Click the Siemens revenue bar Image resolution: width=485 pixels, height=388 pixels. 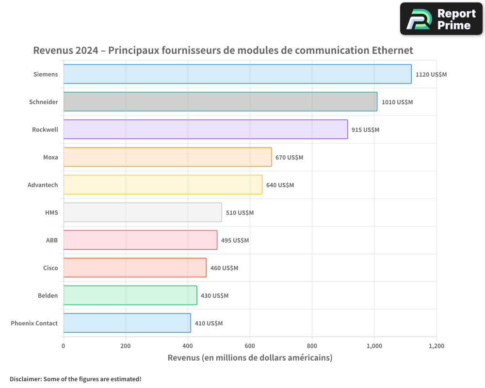click(x=237, y=74)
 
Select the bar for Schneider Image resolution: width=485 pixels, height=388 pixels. click(x=220, y=102)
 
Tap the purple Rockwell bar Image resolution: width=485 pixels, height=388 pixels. click(x=206, y=129)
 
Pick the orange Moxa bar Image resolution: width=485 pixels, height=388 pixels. click(x=167, y=157)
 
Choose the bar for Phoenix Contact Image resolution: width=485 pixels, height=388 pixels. click(x=127, y=323)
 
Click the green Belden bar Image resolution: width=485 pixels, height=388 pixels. click(x=130, y=295)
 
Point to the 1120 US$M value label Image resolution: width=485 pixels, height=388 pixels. click(x=431, y=75)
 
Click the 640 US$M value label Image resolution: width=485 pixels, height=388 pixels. click(x=280, y=185)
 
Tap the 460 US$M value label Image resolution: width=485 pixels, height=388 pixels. click(x=224, y=268)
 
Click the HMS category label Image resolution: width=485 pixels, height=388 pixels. click(x=51, y=212)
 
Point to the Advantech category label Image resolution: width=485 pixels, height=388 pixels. click(x=43, y=185)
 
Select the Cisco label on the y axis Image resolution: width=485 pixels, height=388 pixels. click(x=50, y=268)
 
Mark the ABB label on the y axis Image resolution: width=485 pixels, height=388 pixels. click(x=52, y=240)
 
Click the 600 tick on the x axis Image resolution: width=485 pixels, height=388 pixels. click(x=250, y=346)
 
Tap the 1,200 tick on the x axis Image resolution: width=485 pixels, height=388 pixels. click(x=436, y=346)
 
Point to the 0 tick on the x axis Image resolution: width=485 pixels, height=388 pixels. click(x=64, y=346)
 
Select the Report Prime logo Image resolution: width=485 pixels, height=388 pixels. click(x=441, y=19)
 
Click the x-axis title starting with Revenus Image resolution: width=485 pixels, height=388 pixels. click(x=250, y=358)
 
